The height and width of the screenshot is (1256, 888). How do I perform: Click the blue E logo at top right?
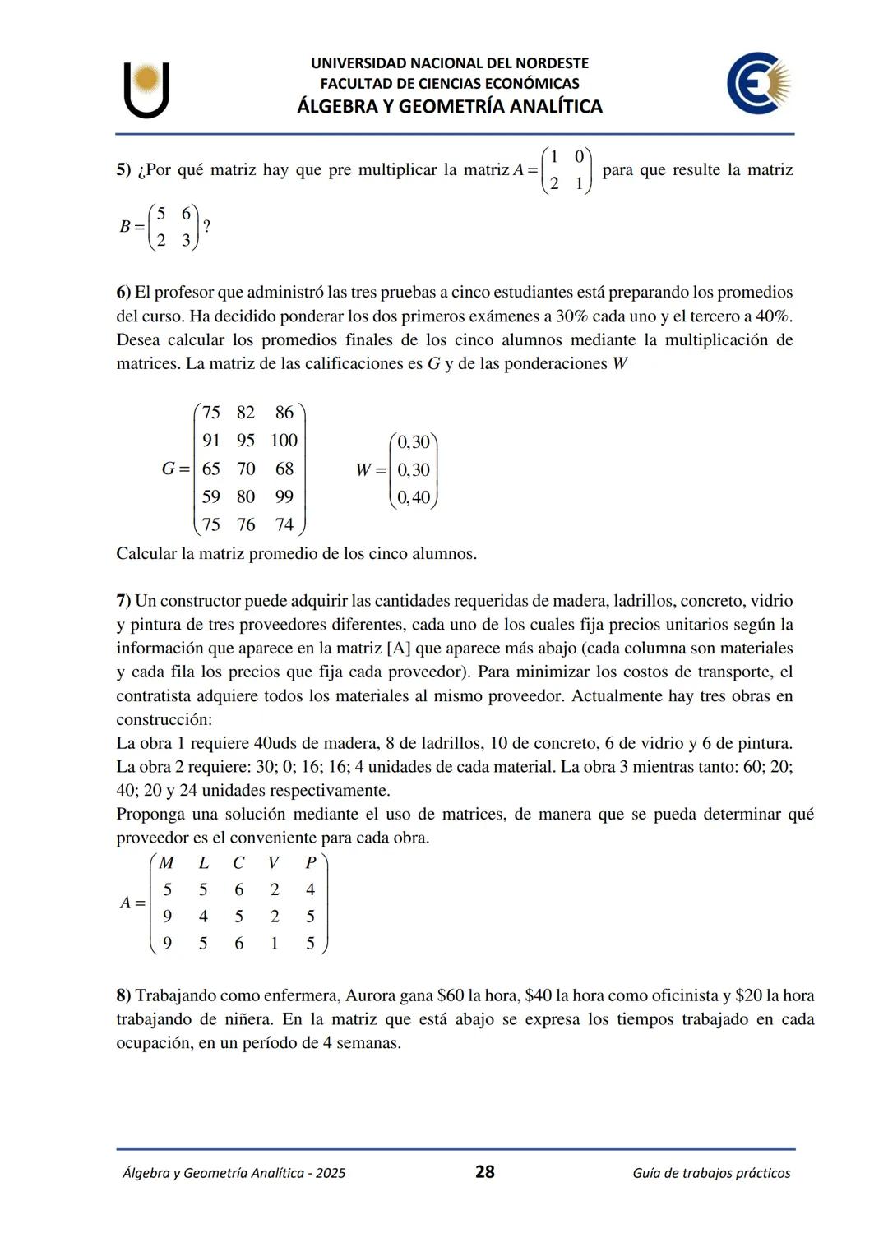tap(757, 83)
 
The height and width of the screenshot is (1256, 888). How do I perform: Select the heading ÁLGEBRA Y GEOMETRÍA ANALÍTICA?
tap(449, 106)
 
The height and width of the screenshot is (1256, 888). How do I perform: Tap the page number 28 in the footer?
tap(485, 1171)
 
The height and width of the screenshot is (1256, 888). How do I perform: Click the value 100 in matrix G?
tap(284, 441)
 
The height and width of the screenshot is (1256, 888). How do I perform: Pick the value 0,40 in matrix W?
tap(414, 497)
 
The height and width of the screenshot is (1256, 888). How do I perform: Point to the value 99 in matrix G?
tap(284, 496)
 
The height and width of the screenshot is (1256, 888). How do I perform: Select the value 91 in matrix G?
tap(211, 441)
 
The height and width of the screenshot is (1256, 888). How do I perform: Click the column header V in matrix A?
tap(273, 862)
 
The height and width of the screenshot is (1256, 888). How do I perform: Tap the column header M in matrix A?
tap(167, 862)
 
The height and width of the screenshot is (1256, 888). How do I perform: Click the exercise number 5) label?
tap(123, 170)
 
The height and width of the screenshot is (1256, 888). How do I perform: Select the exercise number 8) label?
tap(123, 995)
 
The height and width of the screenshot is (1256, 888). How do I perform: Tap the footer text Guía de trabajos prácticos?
tap(711, 1173)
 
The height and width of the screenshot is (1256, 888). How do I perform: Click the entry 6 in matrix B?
tap(187, 214)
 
